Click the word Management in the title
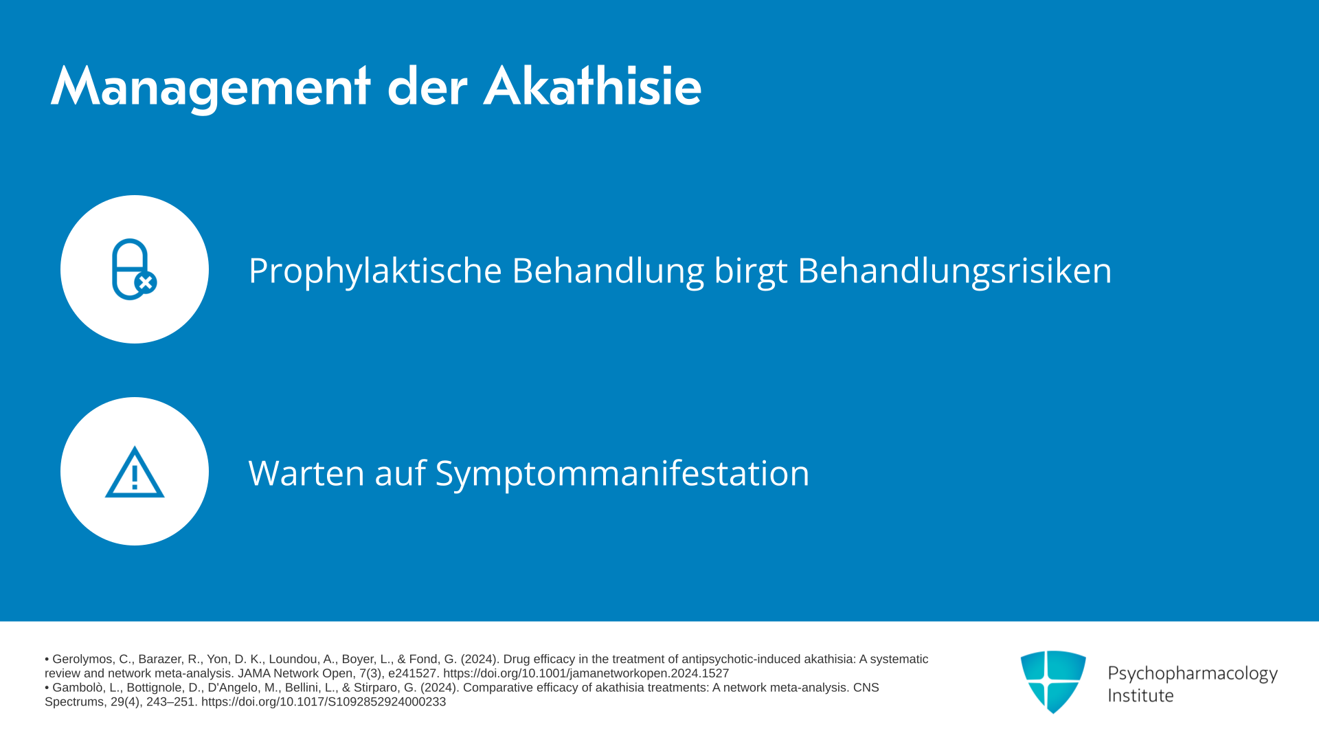coord(210,87)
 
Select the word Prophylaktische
coord(375,271)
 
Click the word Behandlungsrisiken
coord(954,271)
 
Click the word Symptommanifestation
coord(622,473)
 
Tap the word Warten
coord(306,473)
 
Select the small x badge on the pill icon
coord(146,282)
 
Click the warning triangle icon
coord(135,472)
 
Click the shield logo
coord(1053,682)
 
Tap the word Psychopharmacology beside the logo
coord(1193,674)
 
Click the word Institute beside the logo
coord(1140,695)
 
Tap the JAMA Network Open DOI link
coord(586,674)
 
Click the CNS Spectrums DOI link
coord(324,702)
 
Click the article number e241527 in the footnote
coord(413,674)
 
